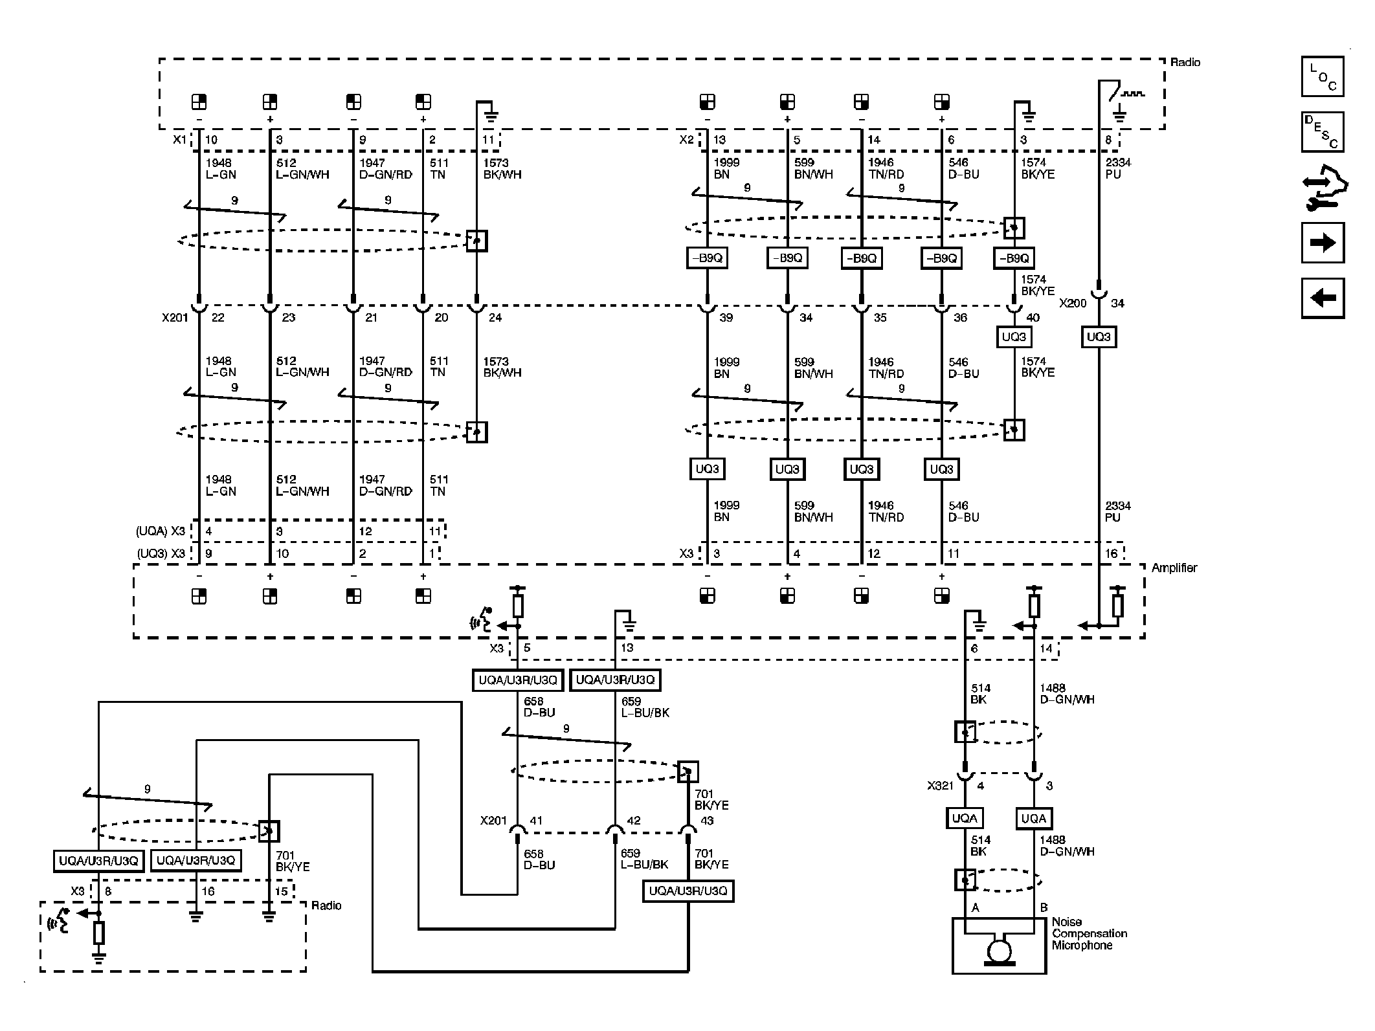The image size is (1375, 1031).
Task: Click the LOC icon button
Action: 1322,76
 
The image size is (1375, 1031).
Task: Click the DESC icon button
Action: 1322,132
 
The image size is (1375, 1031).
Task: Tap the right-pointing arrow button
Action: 1322,243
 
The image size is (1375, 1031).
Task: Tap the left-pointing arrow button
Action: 1322,298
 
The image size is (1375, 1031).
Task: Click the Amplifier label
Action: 1174,568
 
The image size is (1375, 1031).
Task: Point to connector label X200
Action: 1072,303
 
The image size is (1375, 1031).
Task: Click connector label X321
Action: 940,786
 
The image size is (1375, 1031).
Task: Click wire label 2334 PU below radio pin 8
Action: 1118,168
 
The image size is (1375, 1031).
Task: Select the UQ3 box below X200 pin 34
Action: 1099,337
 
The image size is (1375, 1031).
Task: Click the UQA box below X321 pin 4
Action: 965,818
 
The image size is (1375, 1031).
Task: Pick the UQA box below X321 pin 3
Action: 1033,818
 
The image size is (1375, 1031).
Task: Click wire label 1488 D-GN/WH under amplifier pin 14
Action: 1066,694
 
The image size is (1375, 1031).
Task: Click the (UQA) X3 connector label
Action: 160,531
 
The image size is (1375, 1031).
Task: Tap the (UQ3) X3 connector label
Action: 160,553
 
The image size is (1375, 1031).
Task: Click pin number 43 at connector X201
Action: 707,821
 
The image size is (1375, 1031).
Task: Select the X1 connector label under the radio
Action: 179,140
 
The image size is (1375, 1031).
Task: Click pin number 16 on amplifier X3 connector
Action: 1111,553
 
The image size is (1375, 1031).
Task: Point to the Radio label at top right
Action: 1185,62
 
